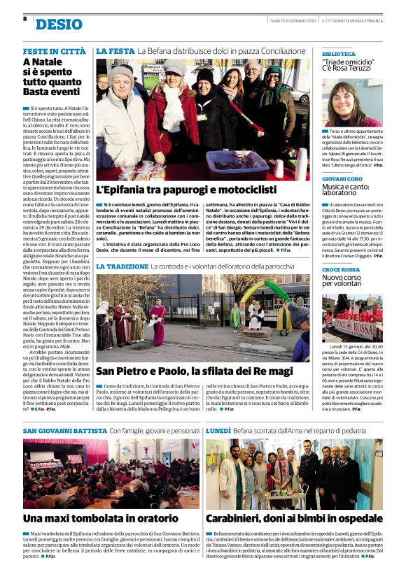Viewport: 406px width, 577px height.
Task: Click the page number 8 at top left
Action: pyautogui.click(x=25, y=19)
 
